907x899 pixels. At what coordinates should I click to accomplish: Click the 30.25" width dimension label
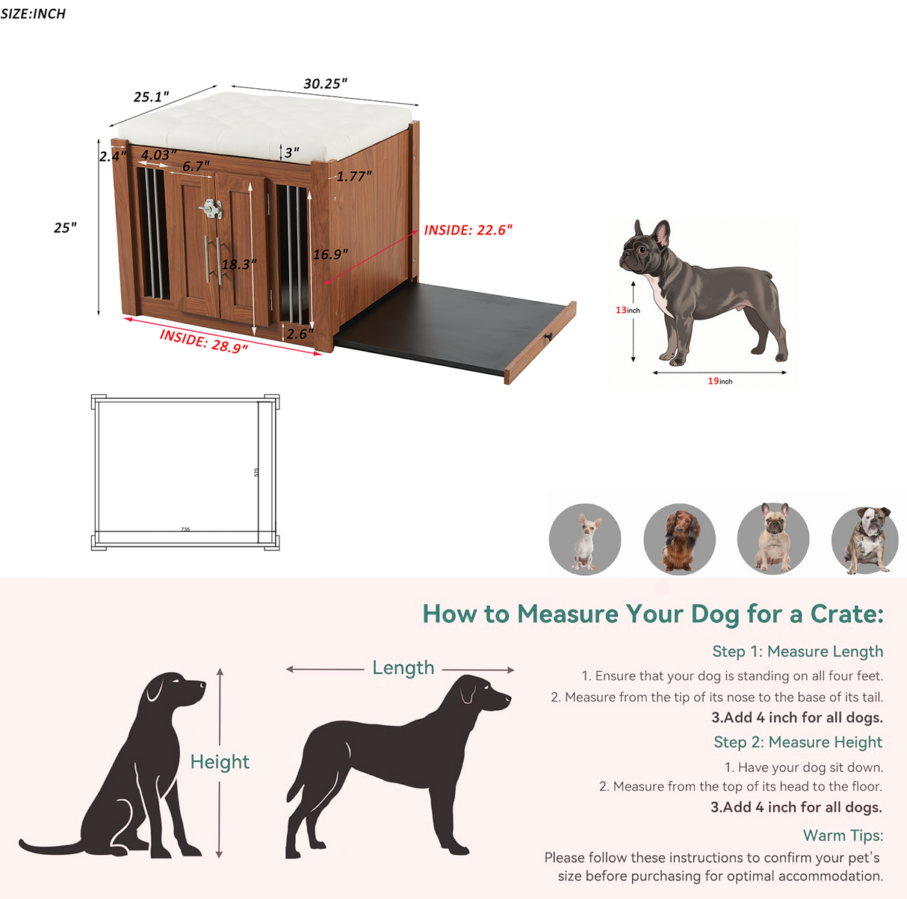pyautogui.click(x=325, y=84)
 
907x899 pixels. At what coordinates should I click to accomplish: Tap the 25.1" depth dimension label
pyautogui.click(x=152, y=97)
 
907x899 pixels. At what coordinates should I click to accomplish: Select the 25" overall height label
pyautogui.click(x=65, y=228)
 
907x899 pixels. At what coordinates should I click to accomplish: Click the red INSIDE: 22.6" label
pyautogui.click(x=468, y=230)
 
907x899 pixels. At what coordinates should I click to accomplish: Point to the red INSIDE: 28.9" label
pyautogui.click(x=203, y=341)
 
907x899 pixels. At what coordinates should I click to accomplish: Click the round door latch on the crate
pyautogui.click(x=211, y=208)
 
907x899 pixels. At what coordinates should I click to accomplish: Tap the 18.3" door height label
pyautogui.click(x=238, y=264)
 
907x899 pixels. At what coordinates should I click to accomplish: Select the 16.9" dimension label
pyautogui.click(x=330, y=255)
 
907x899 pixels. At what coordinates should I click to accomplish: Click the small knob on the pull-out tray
pyautogui.click(x=549, y=337)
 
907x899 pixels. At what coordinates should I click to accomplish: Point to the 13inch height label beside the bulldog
pyautogui.click(x=628, y=310)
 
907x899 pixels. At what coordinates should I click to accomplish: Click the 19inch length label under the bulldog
pyautogui.click(x=720, y=381)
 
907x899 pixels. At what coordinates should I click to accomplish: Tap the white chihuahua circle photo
pyautogui.click(x=585, y=538)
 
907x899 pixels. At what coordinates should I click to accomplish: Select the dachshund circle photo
pyautogui.click(x=679, y=538)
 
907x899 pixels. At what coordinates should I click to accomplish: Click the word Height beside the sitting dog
pyautogui.click(x=220, y=762)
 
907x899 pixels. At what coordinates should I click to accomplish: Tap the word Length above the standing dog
pyautogui.click(x=403, y=668)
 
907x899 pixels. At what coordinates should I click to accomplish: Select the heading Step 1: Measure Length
pyautogui.click(x=797, y=651)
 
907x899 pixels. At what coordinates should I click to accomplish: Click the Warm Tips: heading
pyautogui.click(x=843, y=835)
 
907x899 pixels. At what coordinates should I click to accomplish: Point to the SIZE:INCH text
pyautogui.click(x=33, y=13)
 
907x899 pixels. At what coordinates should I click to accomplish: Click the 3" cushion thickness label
pyautogui.click(x=292, y=152)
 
